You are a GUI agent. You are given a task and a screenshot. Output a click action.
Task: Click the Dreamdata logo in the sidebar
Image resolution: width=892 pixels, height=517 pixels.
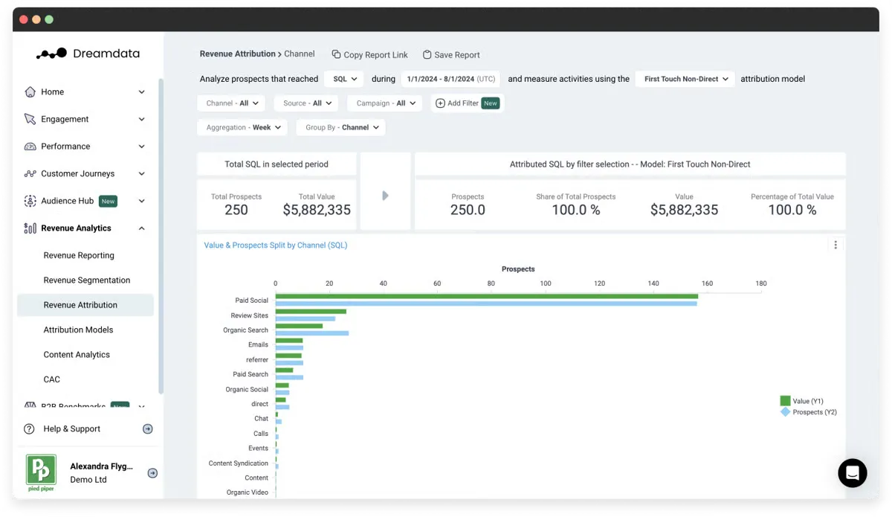point(88,54)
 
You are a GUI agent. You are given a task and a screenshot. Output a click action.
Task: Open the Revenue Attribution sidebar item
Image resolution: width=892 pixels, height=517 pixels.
point(80,305)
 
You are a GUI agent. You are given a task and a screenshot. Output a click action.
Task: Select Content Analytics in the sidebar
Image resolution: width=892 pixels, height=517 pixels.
point(77,355)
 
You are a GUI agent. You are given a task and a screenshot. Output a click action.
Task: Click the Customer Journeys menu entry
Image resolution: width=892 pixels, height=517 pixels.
point(78,174)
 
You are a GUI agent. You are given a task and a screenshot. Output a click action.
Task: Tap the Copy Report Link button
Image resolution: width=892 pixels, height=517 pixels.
point(369,55)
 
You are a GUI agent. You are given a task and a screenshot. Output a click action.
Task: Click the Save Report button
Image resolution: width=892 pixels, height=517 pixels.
point(451,55)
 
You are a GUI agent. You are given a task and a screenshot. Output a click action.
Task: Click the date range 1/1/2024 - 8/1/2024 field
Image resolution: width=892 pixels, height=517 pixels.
point(450,79)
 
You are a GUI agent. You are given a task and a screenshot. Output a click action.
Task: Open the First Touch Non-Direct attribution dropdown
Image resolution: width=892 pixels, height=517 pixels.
point(685,79)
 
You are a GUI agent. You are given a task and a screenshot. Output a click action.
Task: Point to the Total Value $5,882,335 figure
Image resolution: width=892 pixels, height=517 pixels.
point(317,210)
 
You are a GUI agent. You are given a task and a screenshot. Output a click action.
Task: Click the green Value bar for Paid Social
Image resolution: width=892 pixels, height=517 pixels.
point(486,296)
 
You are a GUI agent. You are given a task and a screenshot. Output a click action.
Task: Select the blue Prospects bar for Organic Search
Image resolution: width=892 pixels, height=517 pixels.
point(311,333)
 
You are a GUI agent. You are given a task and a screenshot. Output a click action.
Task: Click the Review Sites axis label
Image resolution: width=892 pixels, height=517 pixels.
point(249,315)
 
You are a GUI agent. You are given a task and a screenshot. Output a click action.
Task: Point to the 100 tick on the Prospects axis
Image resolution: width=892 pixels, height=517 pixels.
point(545,283)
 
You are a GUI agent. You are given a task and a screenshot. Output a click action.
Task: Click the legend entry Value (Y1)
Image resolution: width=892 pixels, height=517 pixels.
point(807,401)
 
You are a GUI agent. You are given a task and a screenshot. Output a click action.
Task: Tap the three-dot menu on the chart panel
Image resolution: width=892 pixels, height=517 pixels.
point(836,245)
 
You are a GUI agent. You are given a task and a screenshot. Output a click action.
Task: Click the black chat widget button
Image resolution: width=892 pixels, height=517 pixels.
point(852,472)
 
